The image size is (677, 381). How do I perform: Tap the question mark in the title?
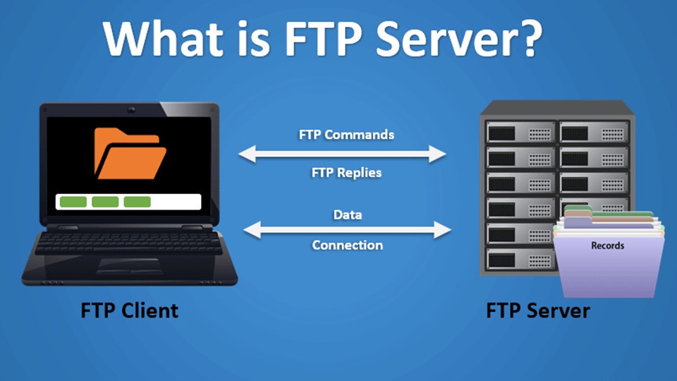526,39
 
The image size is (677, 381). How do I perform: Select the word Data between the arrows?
348,214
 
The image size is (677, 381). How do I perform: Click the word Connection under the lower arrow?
347,246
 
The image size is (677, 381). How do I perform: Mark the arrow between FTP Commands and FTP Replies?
343,153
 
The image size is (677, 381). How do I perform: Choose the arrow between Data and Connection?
347,229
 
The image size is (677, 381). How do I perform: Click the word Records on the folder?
606,246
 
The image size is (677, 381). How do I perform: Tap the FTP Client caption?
128,310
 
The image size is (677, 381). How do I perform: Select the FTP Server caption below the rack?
537,310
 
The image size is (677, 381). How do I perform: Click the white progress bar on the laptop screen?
128,202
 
